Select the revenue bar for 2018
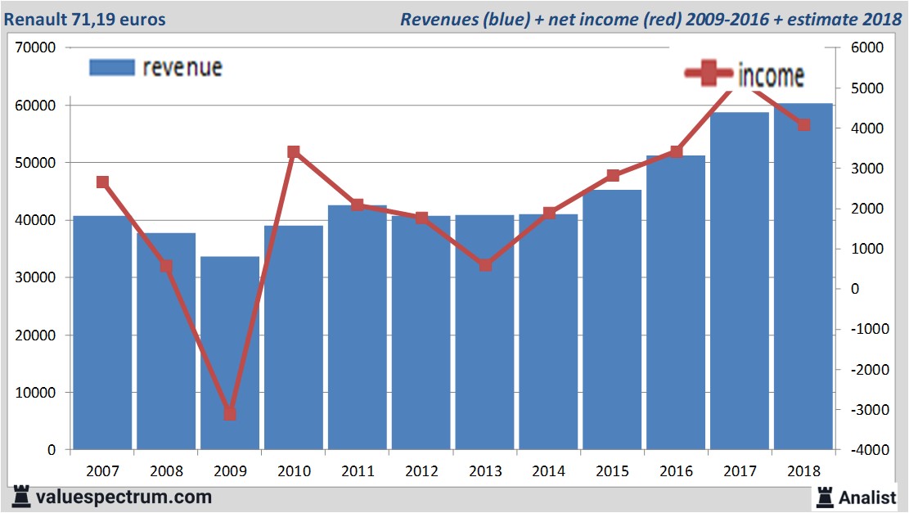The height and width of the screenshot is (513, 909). [x=803, y=278]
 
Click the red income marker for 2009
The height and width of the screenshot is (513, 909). [x=230, y=414]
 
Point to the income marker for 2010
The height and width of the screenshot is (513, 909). [x=294, y=152]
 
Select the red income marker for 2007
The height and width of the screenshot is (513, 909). [x=102, y=182]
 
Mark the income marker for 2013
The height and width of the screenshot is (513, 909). [x=485, y=265]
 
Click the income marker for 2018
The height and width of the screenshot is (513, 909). [x=803, y=125]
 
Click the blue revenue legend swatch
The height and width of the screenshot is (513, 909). [x=111, y=68]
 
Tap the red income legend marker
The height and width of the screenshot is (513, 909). [x=709, y=74]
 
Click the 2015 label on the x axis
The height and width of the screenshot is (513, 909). [x=612, y=471]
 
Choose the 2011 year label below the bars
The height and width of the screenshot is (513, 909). [x=357, y=471]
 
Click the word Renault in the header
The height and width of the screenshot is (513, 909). [x=38, y=18]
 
